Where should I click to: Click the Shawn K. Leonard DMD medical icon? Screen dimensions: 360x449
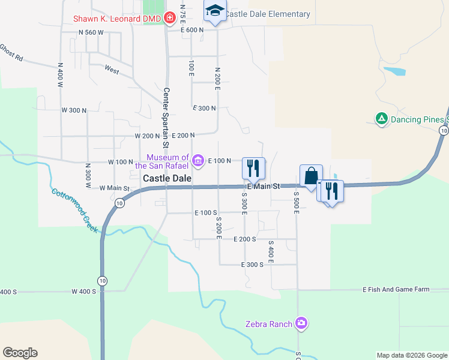169,19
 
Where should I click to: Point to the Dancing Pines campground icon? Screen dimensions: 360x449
381,119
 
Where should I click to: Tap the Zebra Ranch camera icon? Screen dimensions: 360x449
301,324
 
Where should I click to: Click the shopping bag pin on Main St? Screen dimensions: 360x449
311,176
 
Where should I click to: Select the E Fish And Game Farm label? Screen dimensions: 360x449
396,290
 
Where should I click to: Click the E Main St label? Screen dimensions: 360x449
264,187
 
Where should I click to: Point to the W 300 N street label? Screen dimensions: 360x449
74,110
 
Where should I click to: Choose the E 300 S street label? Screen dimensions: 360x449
252,265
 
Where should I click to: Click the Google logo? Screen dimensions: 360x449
20,353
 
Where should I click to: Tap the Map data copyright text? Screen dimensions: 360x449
411,355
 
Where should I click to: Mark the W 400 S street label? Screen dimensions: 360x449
83,292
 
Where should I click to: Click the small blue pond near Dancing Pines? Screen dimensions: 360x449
394,71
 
